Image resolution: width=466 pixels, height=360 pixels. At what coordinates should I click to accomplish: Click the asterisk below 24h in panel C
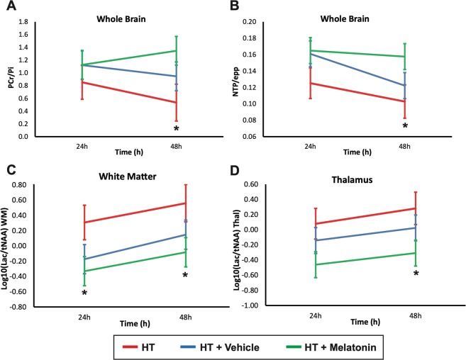click(84, 293)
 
